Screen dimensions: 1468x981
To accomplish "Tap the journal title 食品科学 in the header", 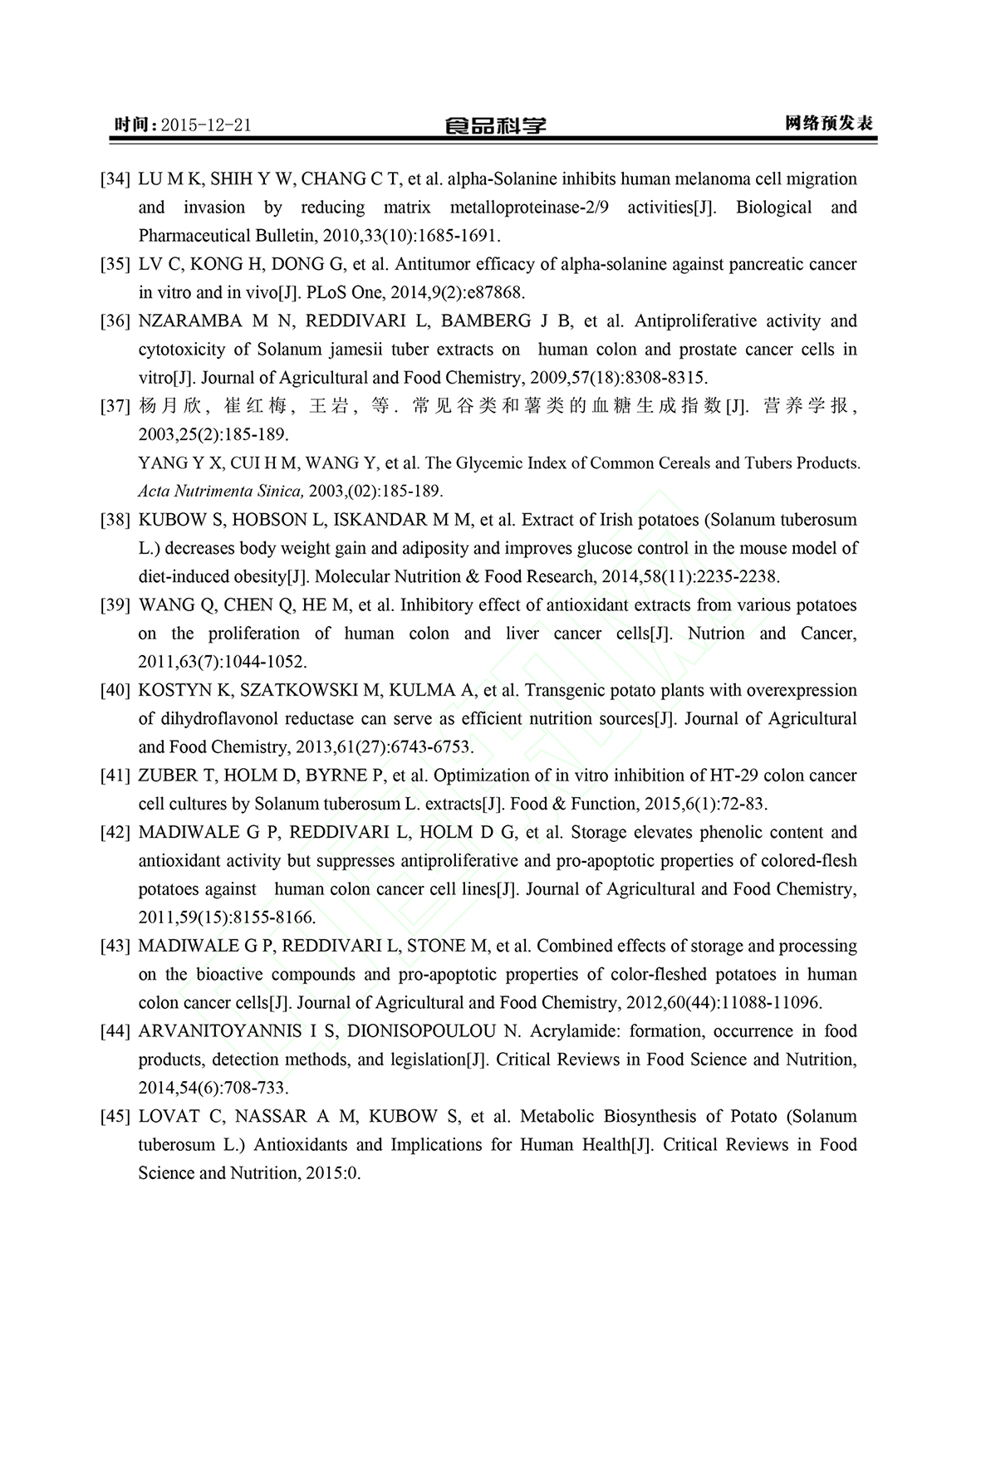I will click(495, 125).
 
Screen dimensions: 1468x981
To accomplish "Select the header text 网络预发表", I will click(829, 124).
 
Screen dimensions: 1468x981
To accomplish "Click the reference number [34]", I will click(115, 179).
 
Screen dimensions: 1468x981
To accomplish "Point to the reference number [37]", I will click(115, 406).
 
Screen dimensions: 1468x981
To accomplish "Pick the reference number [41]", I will click(115, 776).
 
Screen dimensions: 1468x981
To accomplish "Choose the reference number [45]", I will click(115, 1116).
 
